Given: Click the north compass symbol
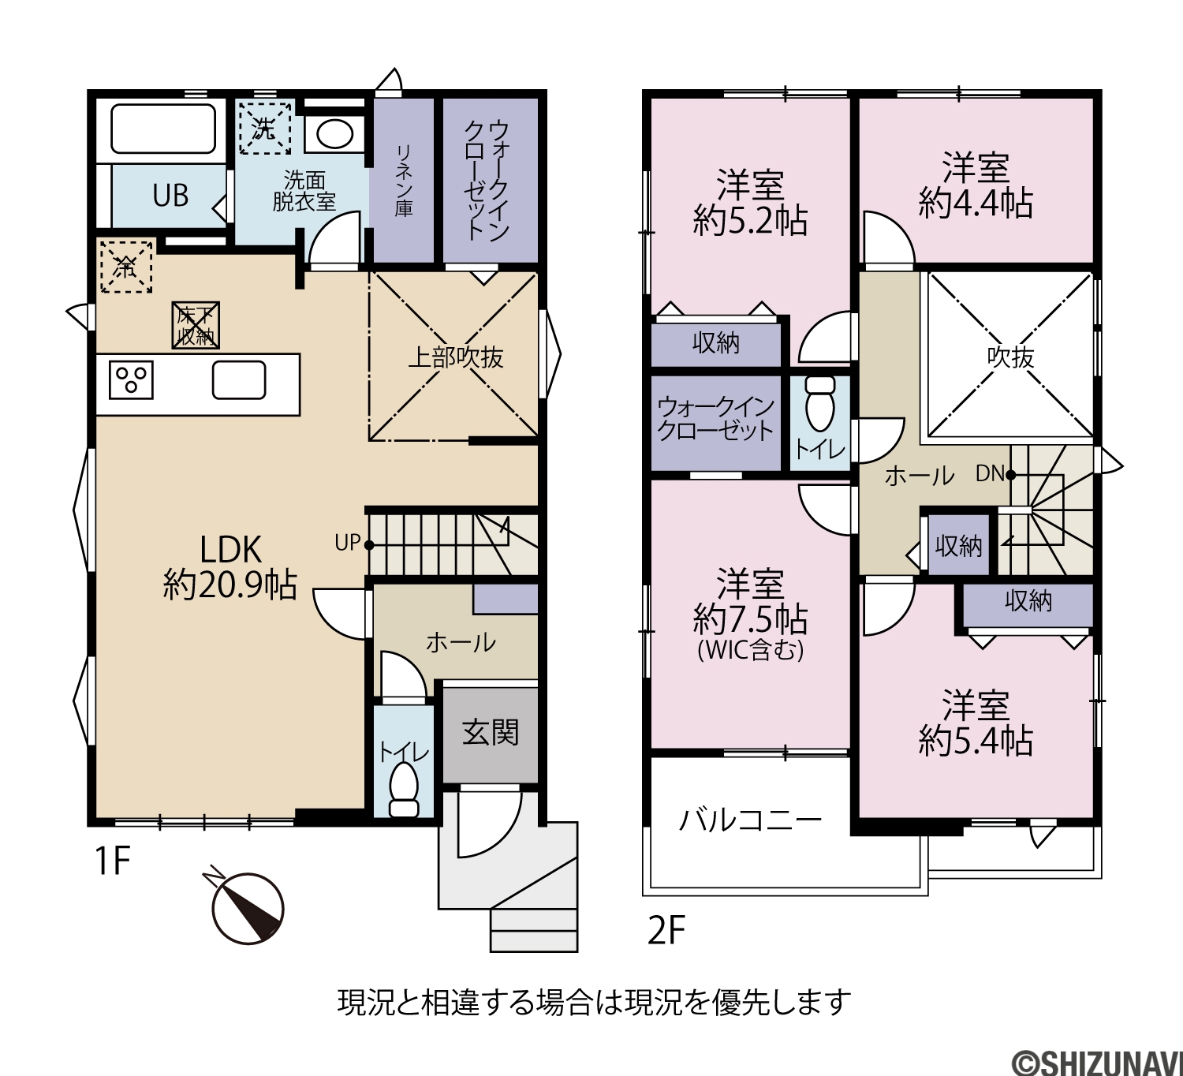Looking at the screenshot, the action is (248, 907).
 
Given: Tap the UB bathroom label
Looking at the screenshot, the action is (170, 196).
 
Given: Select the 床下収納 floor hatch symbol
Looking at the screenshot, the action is (196, 326).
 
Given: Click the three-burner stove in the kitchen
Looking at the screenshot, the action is (131, 380).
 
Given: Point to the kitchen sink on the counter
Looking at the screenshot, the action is (239, 380).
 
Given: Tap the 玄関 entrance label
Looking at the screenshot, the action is (490, 734).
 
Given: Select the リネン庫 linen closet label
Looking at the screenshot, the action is (404, 180).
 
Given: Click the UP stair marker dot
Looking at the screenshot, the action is (369, 545).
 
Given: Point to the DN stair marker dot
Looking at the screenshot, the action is (1010, 474).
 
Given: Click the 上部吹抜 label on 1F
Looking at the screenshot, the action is (455, 357).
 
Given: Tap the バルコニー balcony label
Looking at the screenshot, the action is (750, 820).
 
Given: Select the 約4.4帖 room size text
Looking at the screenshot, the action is (976, 203).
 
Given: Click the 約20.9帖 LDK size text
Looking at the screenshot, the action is (230, 585).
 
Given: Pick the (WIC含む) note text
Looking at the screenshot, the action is (750, 650).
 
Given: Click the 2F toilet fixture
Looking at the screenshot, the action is (819, 404).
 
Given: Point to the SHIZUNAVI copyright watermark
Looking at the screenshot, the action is (1098, 1063).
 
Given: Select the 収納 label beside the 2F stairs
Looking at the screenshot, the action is (959, 546).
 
